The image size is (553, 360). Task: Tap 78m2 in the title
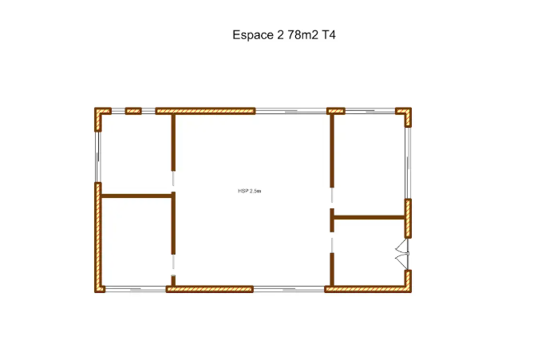pyautogui.click(x=302, y=35)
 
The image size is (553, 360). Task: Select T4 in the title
pyautogui.click(x=328, y=35)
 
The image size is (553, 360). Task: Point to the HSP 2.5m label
pyautogui.click(x=249, y=191)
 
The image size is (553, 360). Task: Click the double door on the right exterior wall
pyautogui.click(x=403, y=254)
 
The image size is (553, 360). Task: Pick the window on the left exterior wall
pyautogui.click(x=98, y=157)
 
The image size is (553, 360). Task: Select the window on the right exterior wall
pyautogui.click(x=408, y=163)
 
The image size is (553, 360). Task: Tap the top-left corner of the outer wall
pyautogui.click(x=94, y=108)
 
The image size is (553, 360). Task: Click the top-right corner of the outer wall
pyautogui.click(x=411, y=108)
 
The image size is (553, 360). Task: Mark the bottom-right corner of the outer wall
pyautogui.click(x=411, y=292)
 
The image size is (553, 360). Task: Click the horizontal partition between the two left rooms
pyautogui.click(x=136, y=196)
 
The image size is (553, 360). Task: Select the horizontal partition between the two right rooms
pyautogui.click(x=369, y=217)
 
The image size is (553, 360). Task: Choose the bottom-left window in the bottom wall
pyautogui.click(x=136, y=290)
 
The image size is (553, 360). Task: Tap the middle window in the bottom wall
pyautogui.click(x=289, y=290)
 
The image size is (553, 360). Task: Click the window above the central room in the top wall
pyautogui.click(x=291, y=111)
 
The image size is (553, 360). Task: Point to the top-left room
pyautogui.click(x=136, y=154)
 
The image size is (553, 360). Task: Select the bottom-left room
pyautogui.click(x=136, y=242)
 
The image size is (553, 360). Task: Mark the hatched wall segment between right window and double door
pyautogui.click(x=408, y=219)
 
